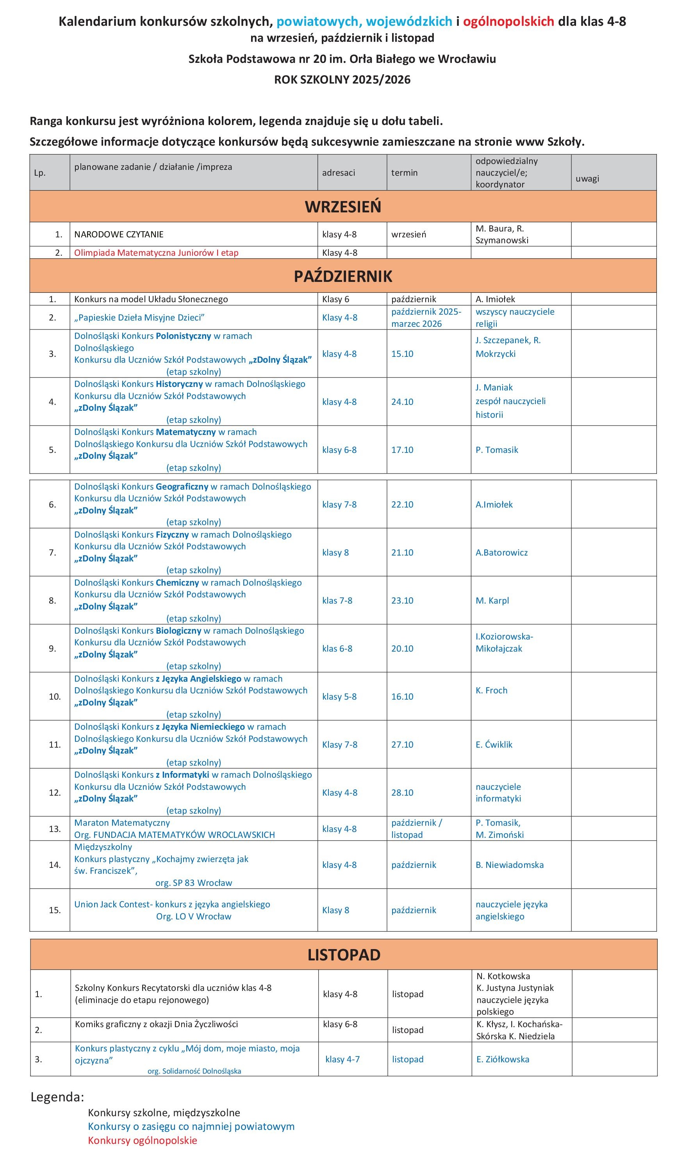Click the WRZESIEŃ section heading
[342, 207]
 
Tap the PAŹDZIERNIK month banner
[342, 276]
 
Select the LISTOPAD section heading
[344, 955]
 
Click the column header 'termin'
[404, 173]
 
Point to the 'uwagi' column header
[587, 178]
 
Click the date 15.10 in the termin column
[402, 354]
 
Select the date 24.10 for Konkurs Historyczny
[402, 402]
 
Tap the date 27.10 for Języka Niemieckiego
[402, 745]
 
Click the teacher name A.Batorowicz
[501, 553]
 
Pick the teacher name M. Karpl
[492, 600]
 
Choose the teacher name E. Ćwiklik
[494, 745]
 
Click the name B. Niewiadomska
[510, 865]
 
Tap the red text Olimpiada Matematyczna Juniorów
[156, 253]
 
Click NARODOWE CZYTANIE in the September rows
[119, 234]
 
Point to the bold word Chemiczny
[177, 582]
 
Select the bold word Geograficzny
[182, 487]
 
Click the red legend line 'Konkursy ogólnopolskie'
[142, 1140]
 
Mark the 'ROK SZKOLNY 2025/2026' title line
[342, 80]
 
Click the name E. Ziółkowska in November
[503, 1059]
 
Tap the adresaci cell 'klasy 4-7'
[342, 1059]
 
